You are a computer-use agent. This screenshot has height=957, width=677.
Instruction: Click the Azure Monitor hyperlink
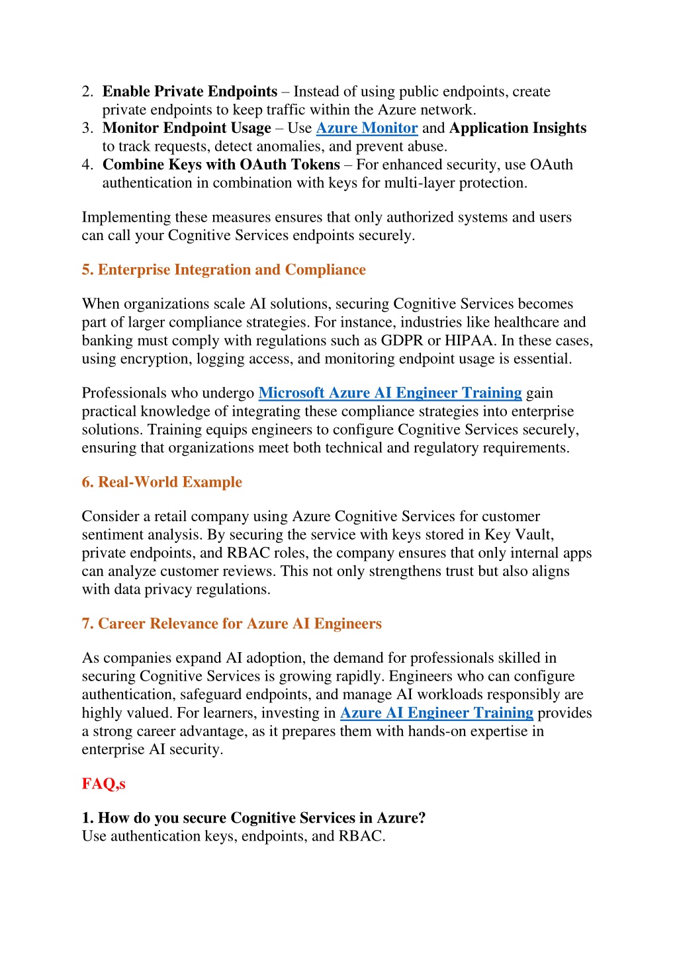click(367, 128)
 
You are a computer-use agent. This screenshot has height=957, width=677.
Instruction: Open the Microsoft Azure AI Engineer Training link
click(390, 393)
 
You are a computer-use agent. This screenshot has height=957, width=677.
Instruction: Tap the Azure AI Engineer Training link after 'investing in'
click(436, 713)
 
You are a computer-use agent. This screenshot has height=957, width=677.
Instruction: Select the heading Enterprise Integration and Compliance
click(224, 270)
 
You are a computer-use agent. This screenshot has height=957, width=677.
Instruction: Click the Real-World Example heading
click(162, 482)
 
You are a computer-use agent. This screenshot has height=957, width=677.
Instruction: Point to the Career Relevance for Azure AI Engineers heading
click(232, 624)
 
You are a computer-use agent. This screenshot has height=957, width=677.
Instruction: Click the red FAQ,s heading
click(103, 784)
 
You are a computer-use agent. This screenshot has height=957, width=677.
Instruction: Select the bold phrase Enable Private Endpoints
click(190, 92)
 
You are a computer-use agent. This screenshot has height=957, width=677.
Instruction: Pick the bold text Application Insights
click(518, 128)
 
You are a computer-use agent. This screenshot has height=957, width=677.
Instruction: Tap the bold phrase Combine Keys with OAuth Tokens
click(221, 165)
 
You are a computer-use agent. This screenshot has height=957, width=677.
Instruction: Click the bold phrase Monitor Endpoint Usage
click(187, 128)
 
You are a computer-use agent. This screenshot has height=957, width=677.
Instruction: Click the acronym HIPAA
click(469, 341)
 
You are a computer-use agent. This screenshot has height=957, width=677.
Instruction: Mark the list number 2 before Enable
click(87, 92)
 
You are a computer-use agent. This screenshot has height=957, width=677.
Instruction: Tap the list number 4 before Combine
click(87, 165)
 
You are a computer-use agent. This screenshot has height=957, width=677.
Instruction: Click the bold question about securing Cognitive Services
click(253, 818)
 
